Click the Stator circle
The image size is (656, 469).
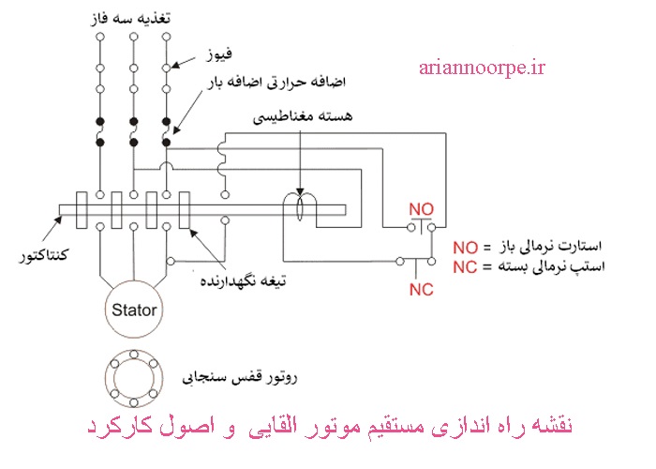134,309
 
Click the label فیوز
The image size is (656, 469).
221,56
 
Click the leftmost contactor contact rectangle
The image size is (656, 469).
82,209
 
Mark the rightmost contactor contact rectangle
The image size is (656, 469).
186,209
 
